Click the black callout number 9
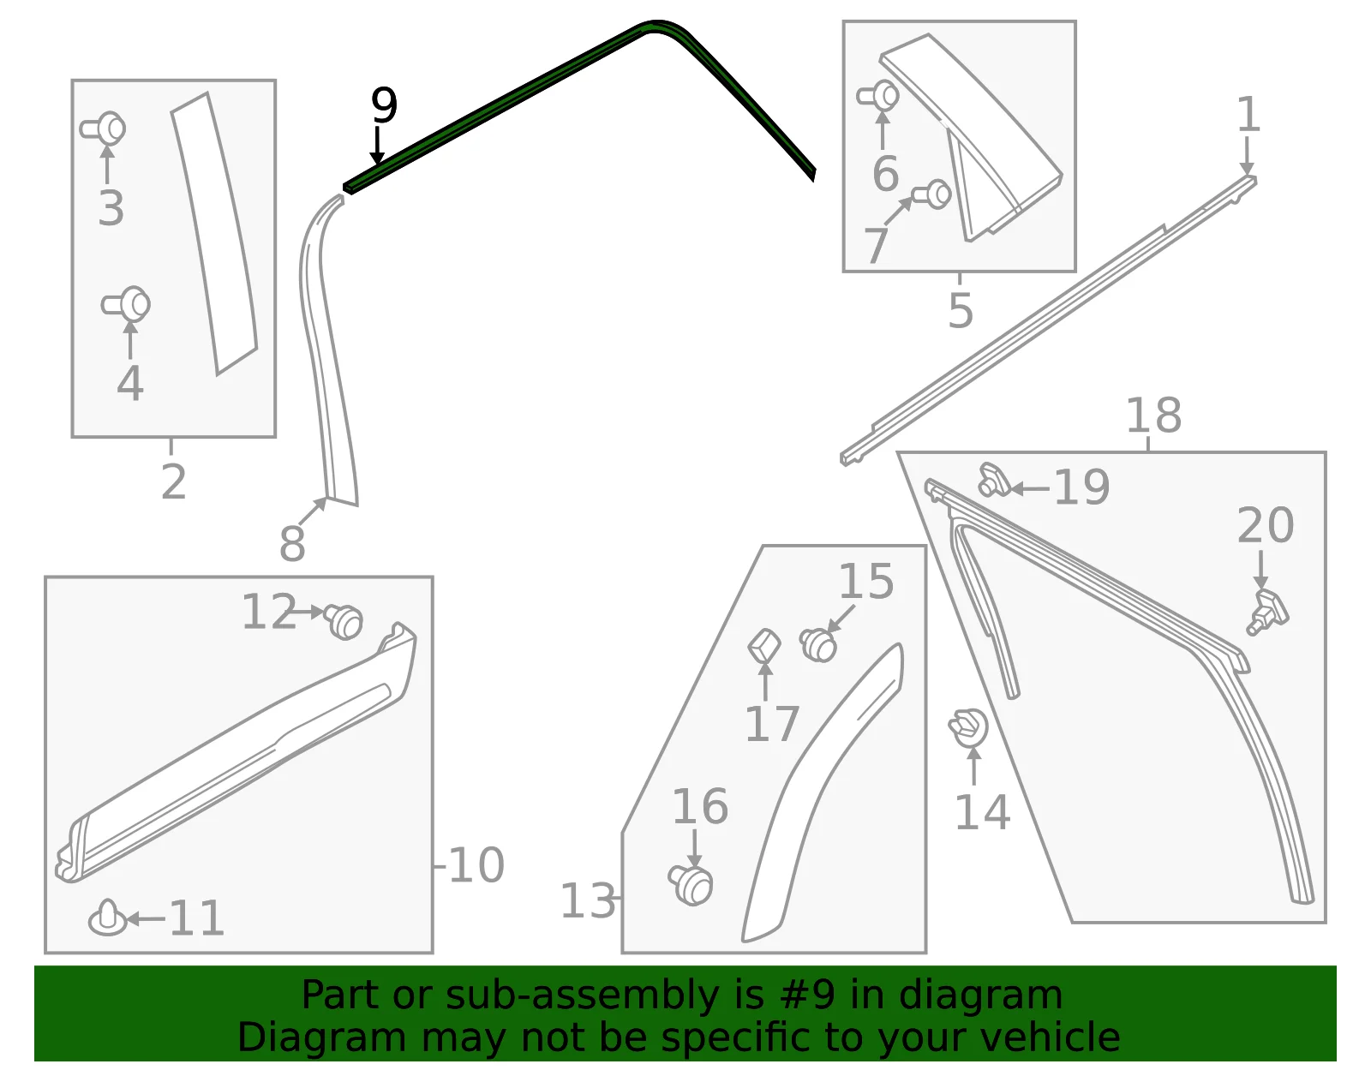(384, 105)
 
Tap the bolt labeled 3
(104, 129)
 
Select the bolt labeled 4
(126, 304)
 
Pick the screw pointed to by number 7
(932, 194)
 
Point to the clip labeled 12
(344, 622)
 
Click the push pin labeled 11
(108, 918)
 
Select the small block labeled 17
(764, 645)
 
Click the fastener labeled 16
(691, 885)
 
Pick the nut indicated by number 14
(968, 727)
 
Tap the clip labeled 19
(994, 480)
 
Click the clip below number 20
(1267, 612)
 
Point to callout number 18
(1153, 415)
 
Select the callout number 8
(292, 543)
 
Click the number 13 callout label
(588, 900)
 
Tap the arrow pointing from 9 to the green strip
(377, 145)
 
